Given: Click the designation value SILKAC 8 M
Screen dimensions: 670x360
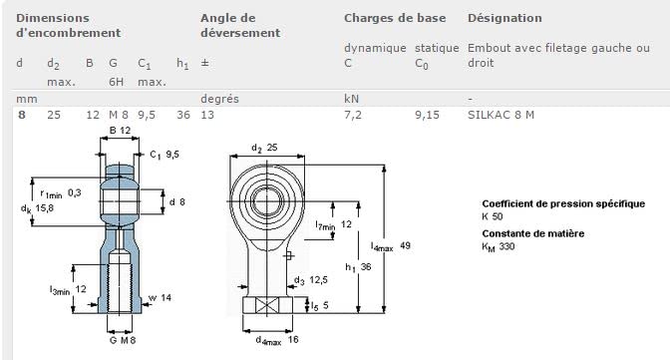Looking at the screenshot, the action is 501,115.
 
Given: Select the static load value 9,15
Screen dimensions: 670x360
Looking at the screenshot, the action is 427,115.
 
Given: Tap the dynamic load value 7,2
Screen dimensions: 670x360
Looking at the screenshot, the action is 353,115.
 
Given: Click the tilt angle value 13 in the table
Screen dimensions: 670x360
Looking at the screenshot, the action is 207,115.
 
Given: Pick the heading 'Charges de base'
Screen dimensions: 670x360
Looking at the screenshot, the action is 395,18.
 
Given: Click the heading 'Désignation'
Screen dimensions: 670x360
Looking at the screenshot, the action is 504,18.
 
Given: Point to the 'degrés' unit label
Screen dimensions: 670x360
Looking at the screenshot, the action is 219,99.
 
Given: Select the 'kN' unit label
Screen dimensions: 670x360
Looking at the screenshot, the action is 351,99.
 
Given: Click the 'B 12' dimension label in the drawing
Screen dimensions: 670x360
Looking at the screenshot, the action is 120,130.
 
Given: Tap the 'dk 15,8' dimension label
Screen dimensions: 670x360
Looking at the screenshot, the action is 37,208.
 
